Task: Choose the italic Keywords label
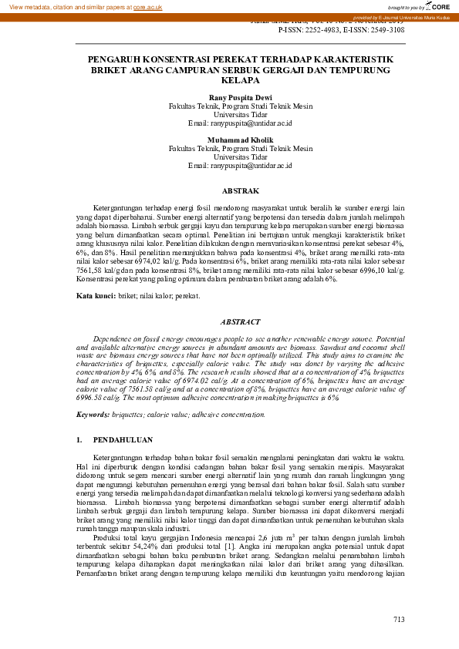tap(93, 414)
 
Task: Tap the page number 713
tap(398, 619)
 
